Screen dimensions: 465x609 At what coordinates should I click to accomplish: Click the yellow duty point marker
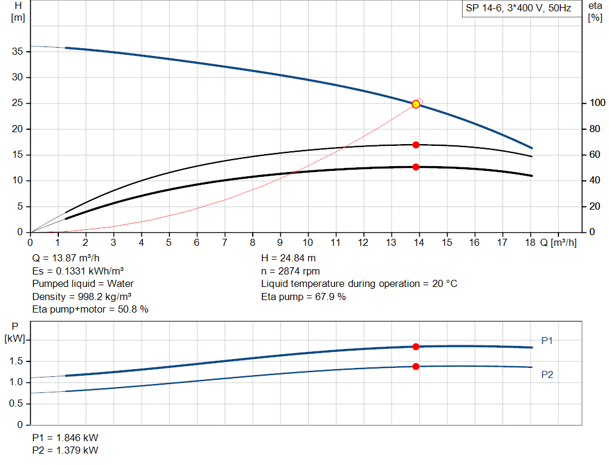416,104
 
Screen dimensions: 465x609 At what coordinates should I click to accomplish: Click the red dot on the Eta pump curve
416,145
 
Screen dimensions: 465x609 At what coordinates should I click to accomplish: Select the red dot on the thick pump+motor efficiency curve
416,167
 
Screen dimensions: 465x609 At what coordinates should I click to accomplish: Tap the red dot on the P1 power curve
416,347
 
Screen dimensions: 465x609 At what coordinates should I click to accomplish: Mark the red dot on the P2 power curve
416,366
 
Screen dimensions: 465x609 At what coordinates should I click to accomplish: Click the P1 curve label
547,341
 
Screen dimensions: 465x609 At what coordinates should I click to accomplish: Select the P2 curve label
547,375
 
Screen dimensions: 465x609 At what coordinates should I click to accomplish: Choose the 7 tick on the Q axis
224,242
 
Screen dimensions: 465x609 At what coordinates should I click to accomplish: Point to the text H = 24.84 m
289,258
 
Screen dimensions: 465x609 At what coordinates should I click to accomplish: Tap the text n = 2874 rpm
290,271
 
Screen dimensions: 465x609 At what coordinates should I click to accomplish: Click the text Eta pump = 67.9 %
303,297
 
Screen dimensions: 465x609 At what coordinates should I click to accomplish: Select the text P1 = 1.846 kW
65,438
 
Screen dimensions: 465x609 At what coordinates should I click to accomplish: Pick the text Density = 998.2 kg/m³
82,297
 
